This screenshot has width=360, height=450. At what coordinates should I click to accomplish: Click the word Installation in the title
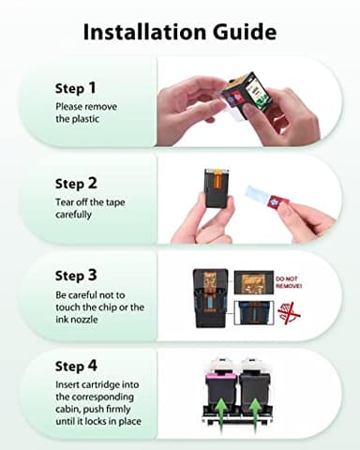click(x=146, y=32)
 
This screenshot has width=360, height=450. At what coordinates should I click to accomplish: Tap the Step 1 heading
click(x=75, y=88)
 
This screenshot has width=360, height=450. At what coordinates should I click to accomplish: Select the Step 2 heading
click(x=75, y=184)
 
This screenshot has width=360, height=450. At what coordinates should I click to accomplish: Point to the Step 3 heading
click(x=75, y=276)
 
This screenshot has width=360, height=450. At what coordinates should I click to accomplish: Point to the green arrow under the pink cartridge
click(x=221, y=409)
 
